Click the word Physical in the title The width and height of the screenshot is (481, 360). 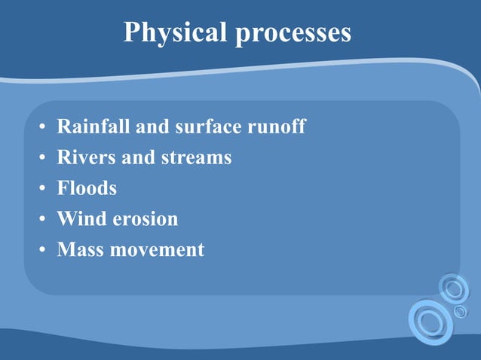[x=176, y=32]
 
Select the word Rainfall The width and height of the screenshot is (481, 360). [x=93, y=127]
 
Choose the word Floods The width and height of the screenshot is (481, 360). [x=87, y=188]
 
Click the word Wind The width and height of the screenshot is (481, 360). [x=78, y=218]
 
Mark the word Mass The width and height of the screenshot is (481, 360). [x=80, y=249]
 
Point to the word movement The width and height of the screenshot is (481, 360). [x=158, y=249]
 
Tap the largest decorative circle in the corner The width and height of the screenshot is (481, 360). [x=430, y=322]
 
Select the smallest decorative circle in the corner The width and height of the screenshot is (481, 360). [x=460, y=310]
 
